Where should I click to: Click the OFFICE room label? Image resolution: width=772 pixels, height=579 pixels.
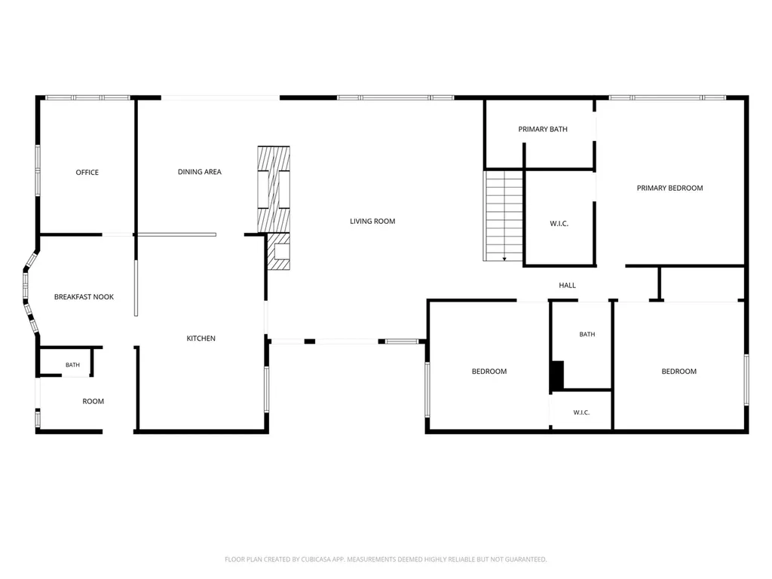[x=87, y=173]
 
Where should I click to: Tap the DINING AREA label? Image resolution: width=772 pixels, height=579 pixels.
[x=199, y=172]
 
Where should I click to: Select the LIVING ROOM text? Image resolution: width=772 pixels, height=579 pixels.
[x=372, y=221]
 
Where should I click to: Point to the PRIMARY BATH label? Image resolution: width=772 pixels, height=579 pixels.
[x=543, y=129]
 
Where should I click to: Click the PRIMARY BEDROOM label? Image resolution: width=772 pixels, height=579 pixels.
[x=669, y=188]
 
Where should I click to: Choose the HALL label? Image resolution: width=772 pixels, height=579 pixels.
[x=567, y=285]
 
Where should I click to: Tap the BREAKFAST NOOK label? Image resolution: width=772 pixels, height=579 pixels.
[x=84, y=297]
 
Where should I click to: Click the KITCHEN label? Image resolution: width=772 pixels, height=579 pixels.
[x=201, y=339]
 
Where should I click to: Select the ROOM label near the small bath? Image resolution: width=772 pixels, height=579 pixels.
[x=93, y=401]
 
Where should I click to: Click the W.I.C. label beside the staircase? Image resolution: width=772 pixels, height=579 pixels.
[x=559, y=223]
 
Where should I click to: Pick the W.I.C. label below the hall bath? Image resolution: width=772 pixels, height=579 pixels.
[x=581, y=412]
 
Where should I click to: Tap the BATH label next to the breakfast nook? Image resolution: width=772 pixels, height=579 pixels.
[x=72, y=365]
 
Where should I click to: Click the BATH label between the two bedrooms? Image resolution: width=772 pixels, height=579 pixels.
[x=587, y=334]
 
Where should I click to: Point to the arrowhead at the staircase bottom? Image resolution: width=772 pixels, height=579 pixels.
[x=504, y=259]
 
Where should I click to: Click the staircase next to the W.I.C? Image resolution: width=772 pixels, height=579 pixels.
[x=503, y=216]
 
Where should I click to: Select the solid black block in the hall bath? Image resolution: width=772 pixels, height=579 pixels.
[x=557, y=376]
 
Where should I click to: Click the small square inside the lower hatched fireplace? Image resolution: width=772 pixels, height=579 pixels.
[x=282, y=252]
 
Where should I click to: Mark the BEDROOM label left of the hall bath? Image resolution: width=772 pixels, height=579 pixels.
[x=489, y=371]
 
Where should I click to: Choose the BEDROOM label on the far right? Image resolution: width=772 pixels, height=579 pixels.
[x=679, y=371]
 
